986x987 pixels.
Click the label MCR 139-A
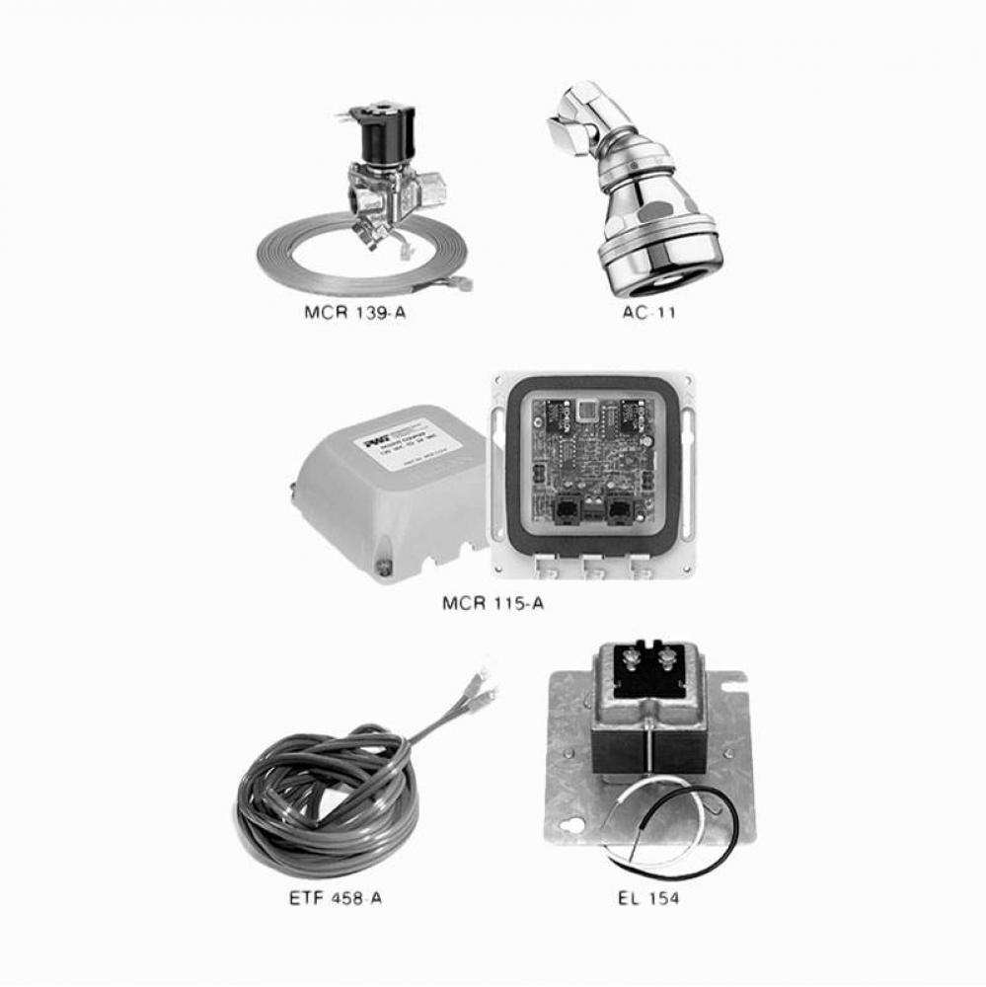coord(354,318)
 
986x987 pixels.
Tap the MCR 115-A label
coord(492,603)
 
